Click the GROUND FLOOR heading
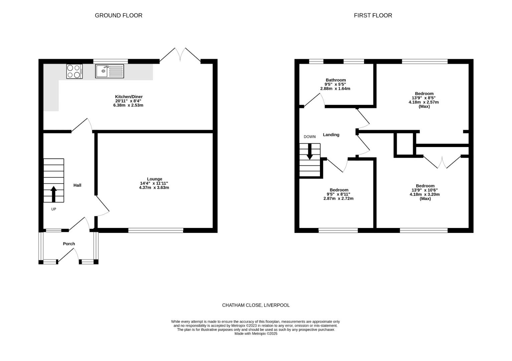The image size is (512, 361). pyautogui.click(x=119, y=15)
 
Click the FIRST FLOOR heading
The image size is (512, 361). pyautogui.click(x=373, y=15)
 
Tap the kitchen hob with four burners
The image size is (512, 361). pyautogui.click(x=74, y=71)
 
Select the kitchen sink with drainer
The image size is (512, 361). pyautogui.click(x=110, y=71)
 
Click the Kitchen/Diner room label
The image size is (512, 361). pyautogui.click(x=129, y=97)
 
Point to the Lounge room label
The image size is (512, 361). pyautogui.click(x=154, y=179)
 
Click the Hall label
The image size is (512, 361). pyautogui.click(x=77, y=185)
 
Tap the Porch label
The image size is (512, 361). pyautogui.click(x=69, y=244)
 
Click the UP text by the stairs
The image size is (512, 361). pyautogui.click(x=53, y=209)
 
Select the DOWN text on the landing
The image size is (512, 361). pyautogui.click(x=309, y=137)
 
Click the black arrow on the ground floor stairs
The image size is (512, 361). pyautogui.click(x=53, y=194)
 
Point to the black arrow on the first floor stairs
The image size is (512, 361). pyautogui.click(x=310, y=151)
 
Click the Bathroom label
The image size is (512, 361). pyautogui.click(x=336, y=80)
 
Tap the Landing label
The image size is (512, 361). pyautogui.click(x=331, y=135)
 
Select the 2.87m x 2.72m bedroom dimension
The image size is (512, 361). pyautogui.click(x=338, y=199)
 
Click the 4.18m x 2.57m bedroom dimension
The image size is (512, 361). pyautogui.click(x=423, y=102)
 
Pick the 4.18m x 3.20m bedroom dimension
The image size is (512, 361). pyautogui.click(x=424, y=194)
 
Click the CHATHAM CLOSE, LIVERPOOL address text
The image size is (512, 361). pyautogui.click(x=256, y=305)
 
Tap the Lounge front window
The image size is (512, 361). pyautogui.click(x=156, y=230)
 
